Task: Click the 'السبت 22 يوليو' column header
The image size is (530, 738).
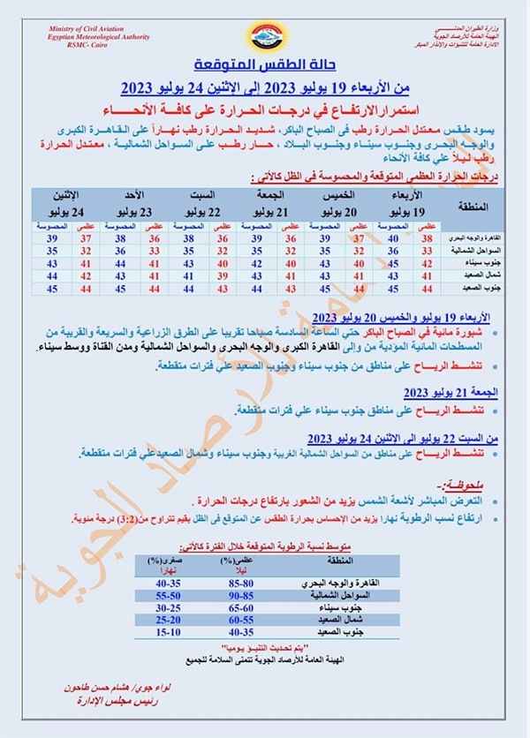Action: coord(204,203)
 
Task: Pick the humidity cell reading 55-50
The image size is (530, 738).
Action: coord(167,597)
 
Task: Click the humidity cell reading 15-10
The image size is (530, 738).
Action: coord(167,633)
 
